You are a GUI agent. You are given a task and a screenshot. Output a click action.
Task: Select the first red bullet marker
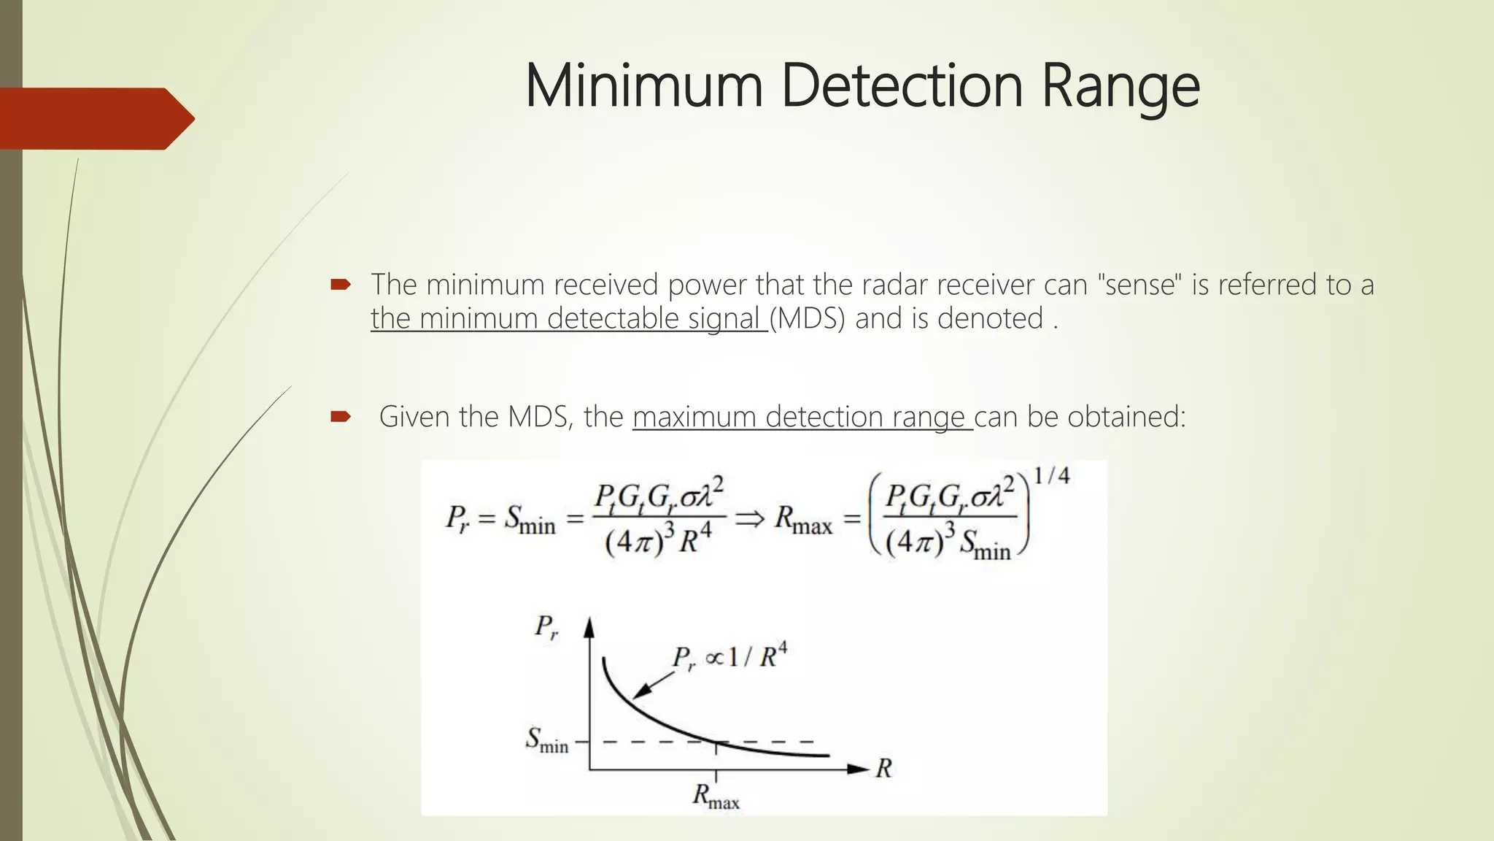point(341,285)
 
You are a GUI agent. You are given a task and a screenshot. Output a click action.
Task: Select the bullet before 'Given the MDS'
point(341,417)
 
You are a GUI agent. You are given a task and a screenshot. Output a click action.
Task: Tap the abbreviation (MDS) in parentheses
point(807,319)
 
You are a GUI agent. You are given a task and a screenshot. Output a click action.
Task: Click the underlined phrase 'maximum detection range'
point(802,417)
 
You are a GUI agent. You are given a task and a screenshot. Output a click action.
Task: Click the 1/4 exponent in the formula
point(1051,477)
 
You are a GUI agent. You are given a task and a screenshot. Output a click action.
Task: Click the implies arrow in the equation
point(749,518)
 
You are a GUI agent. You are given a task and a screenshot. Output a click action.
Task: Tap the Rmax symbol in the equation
point(802,520)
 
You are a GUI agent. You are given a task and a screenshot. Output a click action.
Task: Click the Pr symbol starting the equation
point(457,519)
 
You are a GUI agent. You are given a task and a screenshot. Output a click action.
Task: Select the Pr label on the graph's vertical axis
point(546,627)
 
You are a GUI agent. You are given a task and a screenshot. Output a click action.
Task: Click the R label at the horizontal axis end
point(883,769)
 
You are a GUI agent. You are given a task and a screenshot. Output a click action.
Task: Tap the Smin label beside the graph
point(546,740)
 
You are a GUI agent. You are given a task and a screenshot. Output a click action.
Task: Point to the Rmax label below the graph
point(716,796)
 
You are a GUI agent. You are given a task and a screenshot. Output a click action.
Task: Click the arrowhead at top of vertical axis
point(589,626)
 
